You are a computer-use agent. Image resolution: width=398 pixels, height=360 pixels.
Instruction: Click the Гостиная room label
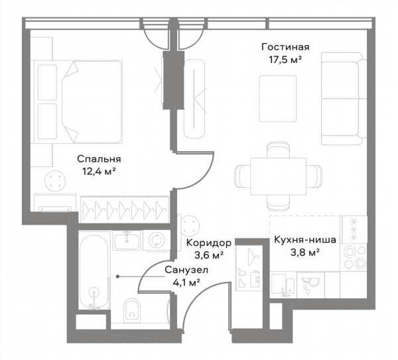(x=285, y=47)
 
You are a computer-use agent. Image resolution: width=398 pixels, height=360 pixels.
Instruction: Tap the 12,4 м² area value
(x=99, y=172)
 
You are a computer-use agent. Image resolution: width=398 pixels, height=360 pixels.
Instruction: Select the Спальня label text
(x=99, y=159)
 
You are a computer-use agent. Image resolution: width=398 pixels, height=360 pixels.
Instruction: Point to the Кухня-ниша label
(x=305, y=240)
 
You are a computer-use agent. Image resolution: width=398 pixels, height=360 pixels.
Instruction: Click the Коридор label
(x=209, y=243)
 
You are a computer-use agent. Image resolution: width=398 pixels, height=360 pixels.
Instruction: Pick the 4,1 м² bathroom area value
(x=186, y=282)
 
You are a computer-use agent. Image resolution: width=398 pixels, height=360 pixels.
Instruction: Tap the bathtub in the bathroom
(x=94, y=272)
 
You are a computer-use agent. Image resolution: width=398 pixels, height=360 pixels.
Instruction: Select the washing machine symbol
(x=157, y=240)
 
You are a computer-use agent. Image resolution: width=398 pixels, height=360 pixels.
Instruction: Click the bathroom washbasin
(x=127, y=240)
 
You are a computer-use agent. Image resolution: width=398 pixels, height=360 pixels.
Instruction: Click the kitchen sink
(x=283, y=285)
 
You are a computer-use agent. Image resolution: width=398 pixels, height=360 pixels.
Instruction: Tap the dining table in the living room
(x=278, y=176)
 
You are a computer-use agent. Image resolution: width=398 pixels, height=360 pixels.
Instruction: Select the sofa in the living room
(x=344, y=99)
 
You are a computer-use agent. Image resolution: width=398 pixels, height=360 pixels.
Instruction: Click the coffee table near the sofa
(x=278, y=99)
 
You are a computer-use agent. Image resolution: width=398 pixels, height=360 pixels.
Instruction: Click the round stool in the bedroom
(x=55, y=181)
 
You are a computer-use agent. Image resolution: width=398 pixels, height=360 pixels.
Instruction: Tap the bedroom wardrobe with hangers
(x=125, y=210)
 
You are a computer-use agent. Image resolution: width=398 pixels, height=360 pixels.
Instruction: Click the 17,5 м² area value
(x=285, y=60)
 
